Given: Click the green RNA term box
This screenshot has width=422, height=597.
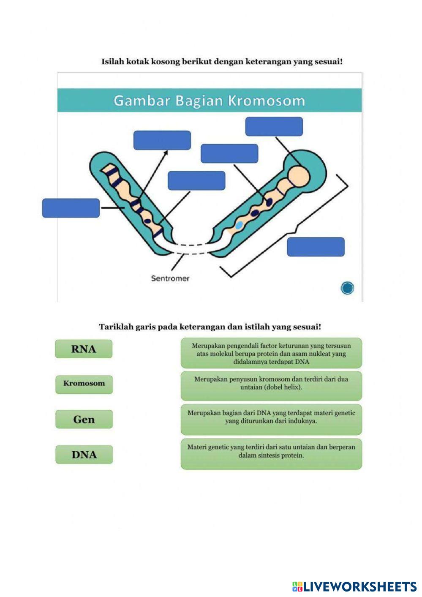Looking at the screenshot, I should point(84,349).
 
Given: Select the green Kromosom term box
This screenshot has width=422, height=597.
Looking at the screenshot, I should point(84,384).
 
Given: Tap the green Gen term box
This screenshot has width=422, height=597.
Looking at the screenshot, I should point(84,420).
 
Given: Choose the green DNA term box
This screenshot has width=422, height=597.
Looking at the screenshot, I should point(84,455).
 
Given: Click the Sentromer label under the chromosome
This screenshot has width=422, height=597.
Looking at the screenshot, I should point(170,278).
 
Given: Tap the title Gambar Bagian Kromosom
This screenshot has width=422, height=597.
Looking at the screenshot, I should point(209,101).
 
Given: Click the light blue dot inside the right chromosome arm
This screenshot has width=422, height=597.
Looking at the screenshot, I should point(239,225).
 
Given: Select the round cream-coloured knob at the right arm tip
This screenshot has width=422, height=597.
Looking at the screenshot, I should point(298,175).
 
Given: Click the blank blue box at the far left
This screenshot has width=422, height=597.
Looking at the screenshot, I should point(71,208).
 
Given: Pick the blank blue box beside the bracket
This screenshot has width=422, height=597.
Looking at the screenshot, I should point(316,247).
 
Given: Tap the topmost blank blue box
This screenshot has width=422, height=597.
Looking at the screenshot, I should point(274,126).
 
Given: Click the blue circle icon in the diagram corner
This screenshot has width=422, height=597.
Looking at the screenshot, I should point(347,288).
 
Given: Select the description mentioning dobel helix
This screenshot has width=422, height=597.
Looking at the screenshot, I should point(271,385).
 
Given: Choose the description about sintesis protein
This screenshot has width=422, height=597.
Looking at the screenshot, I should point(271,453).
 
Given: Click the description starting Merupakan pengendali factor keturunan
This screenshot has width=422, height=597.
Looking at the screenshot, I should point(271,353).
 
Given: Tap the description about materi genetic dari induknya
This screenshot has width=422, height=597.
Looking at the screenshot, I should point(271,419).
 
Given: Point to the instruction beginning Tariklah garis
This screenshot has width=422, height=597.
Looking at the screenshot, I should point(210,327).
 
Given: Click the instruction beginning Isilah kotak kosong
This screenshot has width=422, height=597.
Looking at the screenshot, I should point(222,62).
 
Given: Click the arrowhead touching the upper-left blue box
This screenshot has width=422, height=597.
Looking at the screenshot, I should point(166,152).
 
